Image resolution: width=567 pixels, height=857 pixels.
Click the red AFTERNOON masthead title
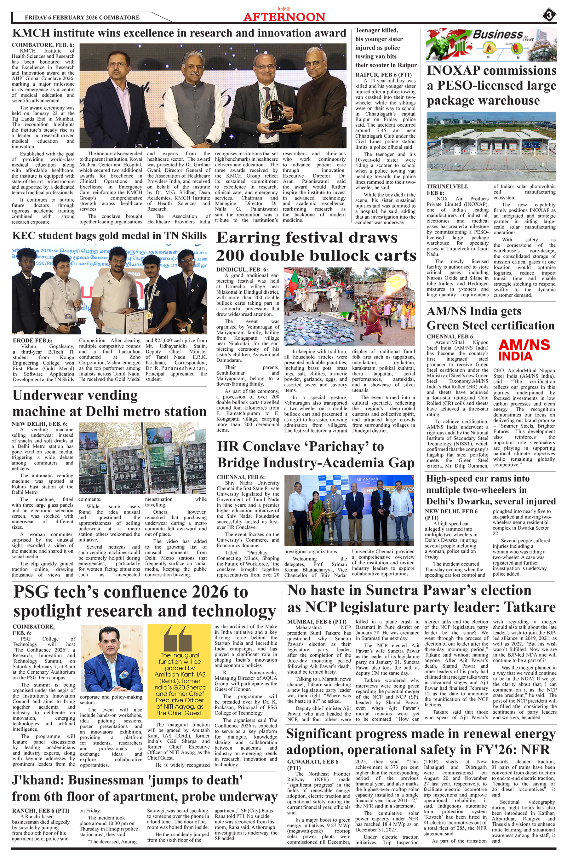point(284,17)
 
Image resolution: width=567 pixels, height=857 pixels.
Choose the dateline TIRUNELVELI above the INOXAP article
point(447,187)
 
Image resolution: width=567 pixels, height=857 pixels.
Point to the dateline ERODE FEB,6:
point(32,341)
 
